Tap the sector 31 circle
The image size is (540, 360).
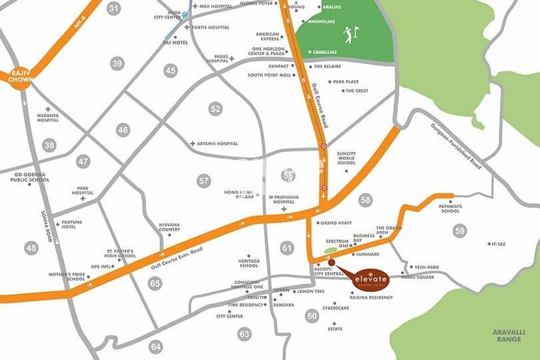[x=114, y=9]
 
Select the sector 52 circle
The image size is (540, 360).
[x=215, y=109]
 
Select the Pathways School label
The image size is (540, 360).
[x=450, y=209]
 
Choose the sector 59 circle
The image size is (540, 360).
[x=460, y=231]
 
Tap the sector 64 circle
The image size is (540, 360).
[x=156, y=347]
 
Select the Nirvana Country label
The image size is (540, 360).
[x=169, y=227]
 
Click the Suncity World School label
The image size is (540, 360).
[x=347, y=158]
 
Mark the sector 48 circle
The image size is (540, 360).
[x=31, y=248]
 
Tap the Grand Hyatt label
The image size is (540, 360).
[x=335, y=223]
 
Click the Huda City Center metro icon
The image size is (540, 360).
[x=185, y=13]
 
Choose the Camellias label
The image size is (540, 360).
[x=326, y=52]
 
